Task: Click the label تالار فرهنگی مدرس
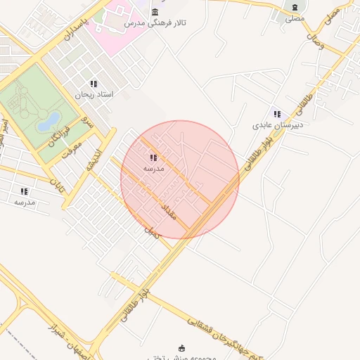[155, 24]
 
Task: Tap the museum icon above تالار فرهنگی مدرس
[155, 13]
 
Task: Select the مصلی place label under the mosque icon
[295, 18]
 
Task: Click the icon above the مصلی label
[295, 8]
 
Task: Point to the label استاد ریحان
[94, 94]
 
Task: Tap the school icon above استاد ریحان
[94, 84]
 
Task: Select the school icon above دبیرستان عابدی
[277, 114]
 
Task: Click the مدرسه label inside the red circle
[153, 169]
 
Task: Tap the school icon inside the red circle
[153, 158]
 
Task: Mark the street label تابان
[56, 186]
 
